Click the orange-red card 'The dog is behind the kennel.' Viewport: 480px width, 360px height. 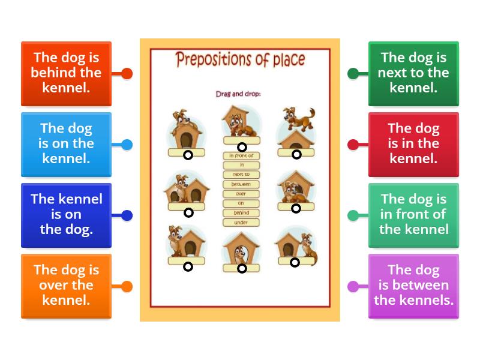tap(66, 73)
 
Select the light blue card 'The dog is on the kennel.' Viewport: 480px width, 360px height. tap(66, 144)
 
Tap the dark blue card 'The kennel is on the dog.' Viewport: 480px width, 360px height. tap(66, 215)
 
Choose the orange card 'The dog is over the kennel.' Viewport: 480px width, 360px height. tap(66, 286)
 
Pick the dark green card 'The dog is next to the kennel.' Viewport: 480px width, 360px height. tap(413, 73)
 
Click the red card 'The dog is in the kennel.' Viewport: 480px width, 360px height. tap(413, 144)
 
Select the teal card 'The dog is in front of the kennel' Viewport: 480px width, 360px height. tap(413, 215)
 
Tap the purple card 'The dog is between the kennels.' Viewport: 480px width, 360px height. tap(413, 286)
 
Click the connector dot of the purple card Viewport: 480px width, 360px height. tap(353, 286)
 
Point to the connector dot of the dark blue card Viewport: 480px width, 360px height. tap(127, 215)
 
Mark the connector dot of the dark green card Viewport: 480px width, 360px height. tap(353, 74)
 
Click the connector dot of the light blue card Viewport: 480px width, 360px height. tap(127, 145)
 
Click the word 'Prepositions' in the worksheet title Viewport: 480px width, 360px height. tap(210, 60)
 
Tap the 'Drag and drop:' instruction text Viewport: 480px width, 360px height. tap(239, 94)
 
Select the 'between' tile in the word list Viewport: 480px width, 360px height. tap(241, 184)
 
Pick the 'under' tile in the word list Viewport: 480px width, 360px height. tap(241, 223)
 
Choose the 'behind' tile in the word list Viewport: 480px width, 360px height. tap(241, 213)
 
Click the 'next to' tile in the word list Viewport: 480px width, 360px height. tap(241, 175)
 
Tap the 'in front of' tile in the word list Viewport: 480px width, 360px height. tap(241, 155)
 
